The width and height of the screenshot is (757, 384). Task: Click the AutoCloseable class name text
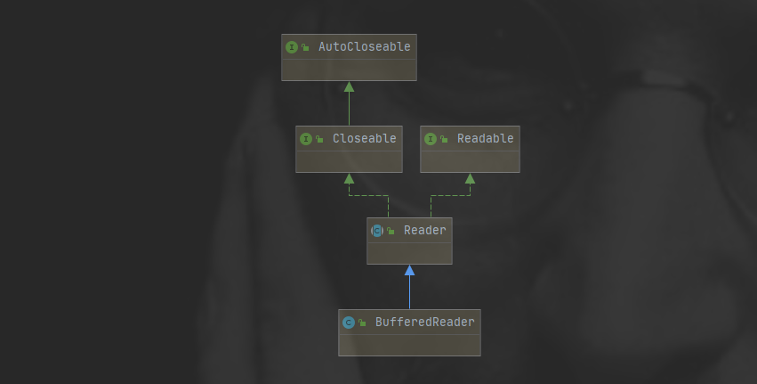pyautogui.click(x=364, y=46)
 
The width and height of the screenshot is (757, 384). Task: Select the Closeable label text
pyautogui.click(x=364, y=138)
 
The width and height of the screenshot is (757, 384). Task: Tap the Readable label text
pyautogui.click(x=485, y=138)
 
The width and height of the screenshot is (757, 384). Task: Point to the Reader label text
pyautogui.click(x=424, y=230)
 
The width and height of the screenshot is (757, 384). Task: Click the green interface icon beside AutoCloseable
pyautogui.click(x=291, y=47)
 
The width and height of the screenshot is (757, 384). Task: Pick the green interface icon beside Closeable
pyautogui.click(x=305, y=139)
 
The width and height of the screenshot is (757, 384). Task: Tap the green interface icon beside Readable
pyautogui.click(x=430, y=139)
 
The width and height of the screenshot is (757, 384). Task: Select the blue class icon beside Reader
pyautogui.click(x=376, y=231)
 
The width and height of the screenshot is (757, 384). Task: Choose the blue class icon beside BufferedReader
pyautogui.click(x=348, y=323)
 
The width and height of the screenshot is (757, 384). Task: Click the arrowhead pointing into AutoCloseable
pyautogui.click(x=349, y=86)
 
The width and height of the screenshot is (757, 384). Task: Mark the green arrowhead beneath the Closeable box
pyautogui.click(x=349, y=178)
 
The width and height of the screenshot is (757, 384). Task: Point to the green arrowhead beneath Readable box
pyautogui.click(x=470, y=178)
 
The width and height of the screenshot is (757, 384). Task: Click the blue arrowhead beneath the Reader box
pyautogui.click(x=409, y=270)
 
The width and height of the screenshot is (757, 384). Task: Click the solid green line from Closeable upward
pyautogui.click(x=349, y=109)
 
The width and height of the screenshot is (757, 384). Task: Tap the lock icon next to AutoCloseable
pyautogui.click(x=305, y=48)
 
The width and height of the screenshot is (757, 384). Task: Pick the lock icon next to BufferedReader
pyautogui.click(x=362, y=323)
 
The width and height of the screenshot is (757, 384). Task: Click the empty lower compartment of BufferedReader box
pyautogui.click(x=409, y=345)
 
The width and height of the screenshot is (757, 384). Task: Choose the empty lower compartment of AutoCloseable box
pyautogui.click(x=349, y=69)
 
